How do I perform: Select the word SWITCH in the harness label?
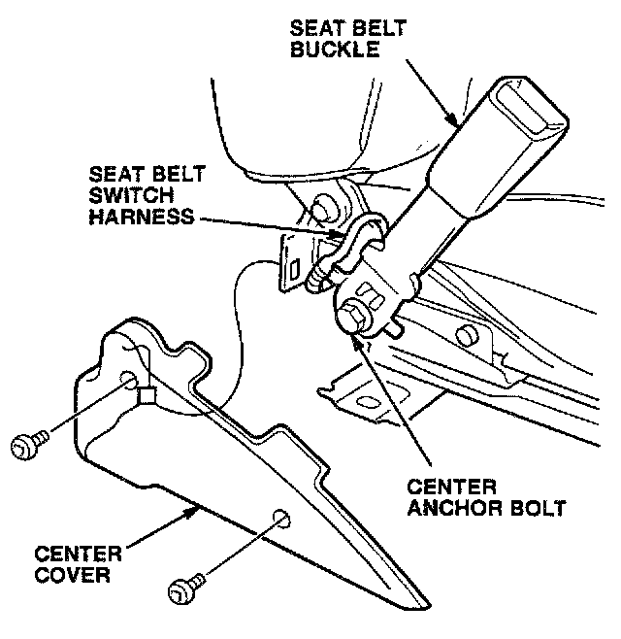click(x=123, y=196)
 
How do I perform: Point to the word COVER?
click(x=72, y=575)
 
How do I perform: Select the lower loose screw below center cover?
click(x=181, y=589)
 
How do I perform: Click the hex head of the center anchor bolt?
click(x=354, y=319)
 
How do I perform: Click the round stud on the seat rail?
click(x=467, y=335)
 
